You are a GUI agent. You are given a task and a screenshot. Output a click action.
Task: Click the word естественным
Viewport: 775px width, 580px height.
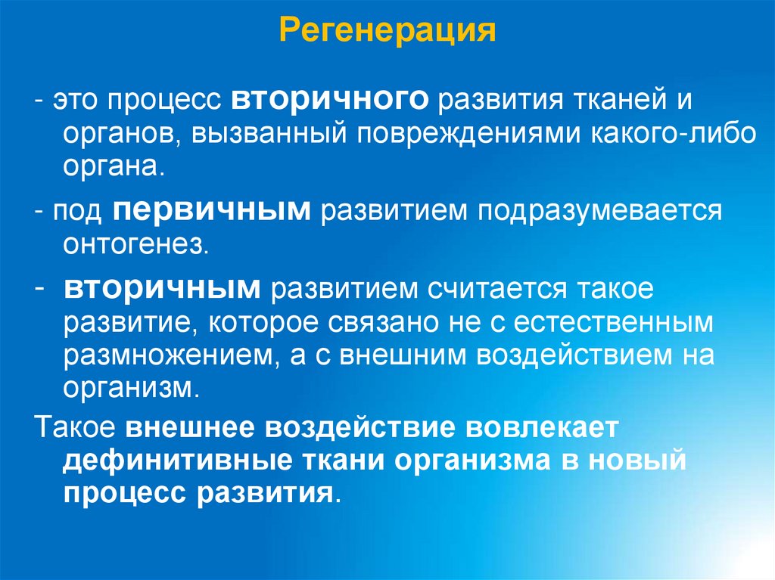614,323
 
